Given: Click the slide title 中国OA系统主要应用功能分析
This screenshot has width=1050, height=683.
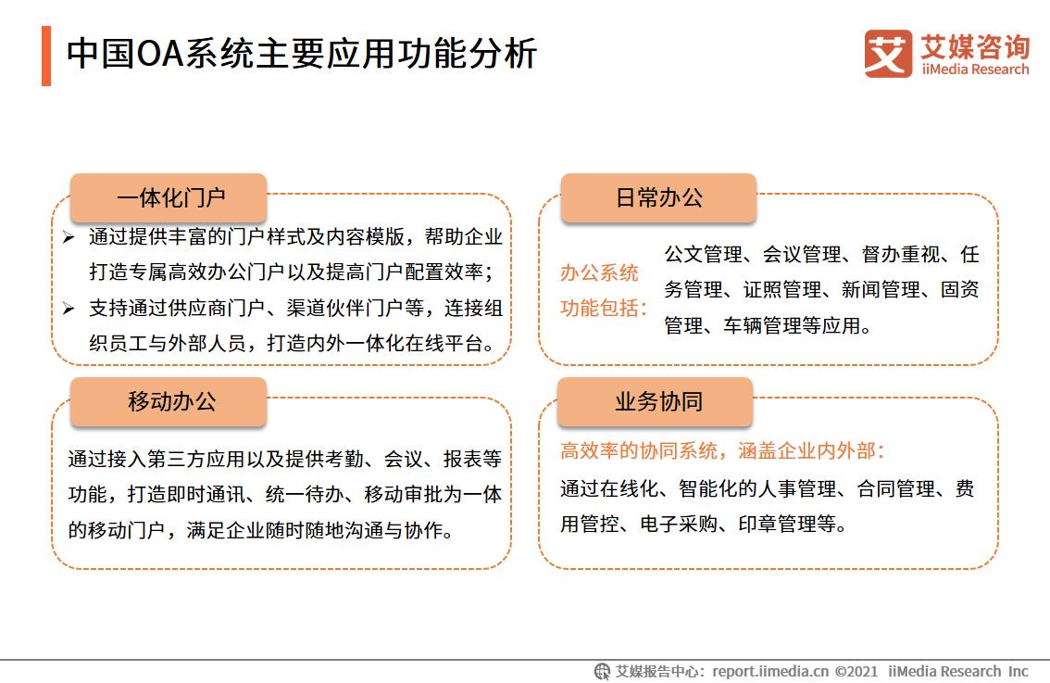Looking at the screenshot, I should point(301,54).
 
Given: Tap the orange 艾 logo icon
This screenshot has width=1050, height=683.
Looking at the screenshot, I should point(888,53).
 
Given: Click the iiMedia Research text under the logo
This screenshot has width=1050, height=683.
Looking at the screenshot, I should point(975,70).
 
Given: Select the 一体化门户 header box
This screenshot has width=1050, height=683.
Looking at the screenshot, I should point(169,198).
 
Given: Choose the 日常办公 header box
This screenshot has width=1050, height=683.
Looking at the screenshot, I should point(658,198).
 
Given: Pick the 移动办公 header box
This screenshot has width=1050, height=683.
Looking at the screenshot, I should point(169,402).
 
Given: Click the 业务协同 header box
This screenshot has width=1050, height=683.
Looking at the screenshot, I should point(658,402).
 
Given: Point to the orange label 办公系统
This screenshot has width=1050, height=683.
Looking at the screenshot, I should point(599,273).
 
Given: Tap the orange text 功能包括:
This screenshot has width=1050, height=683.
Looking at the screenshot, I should point(604,308).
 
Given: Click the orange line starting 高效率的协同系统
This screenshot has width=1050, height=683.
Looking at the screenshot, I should point(722,451).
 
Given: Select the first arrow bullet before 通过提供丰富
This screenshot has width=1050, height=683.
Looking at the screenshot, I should point(69,238).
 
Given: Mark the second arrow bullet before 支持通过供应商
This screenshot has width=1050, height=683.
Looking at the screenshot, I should point(69,309).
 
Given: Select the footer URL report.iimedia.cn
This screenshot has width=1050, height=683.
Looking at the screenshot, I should point(771,671).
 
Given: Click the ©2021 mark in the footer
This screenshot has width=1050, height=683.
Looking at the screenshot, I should point(856,671).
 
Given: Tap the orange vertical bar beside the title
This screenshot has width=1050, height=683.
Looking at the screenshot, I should point(46,56).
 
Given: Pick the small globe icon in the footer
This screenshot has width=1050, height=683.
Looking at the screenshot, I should point(602,671).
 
